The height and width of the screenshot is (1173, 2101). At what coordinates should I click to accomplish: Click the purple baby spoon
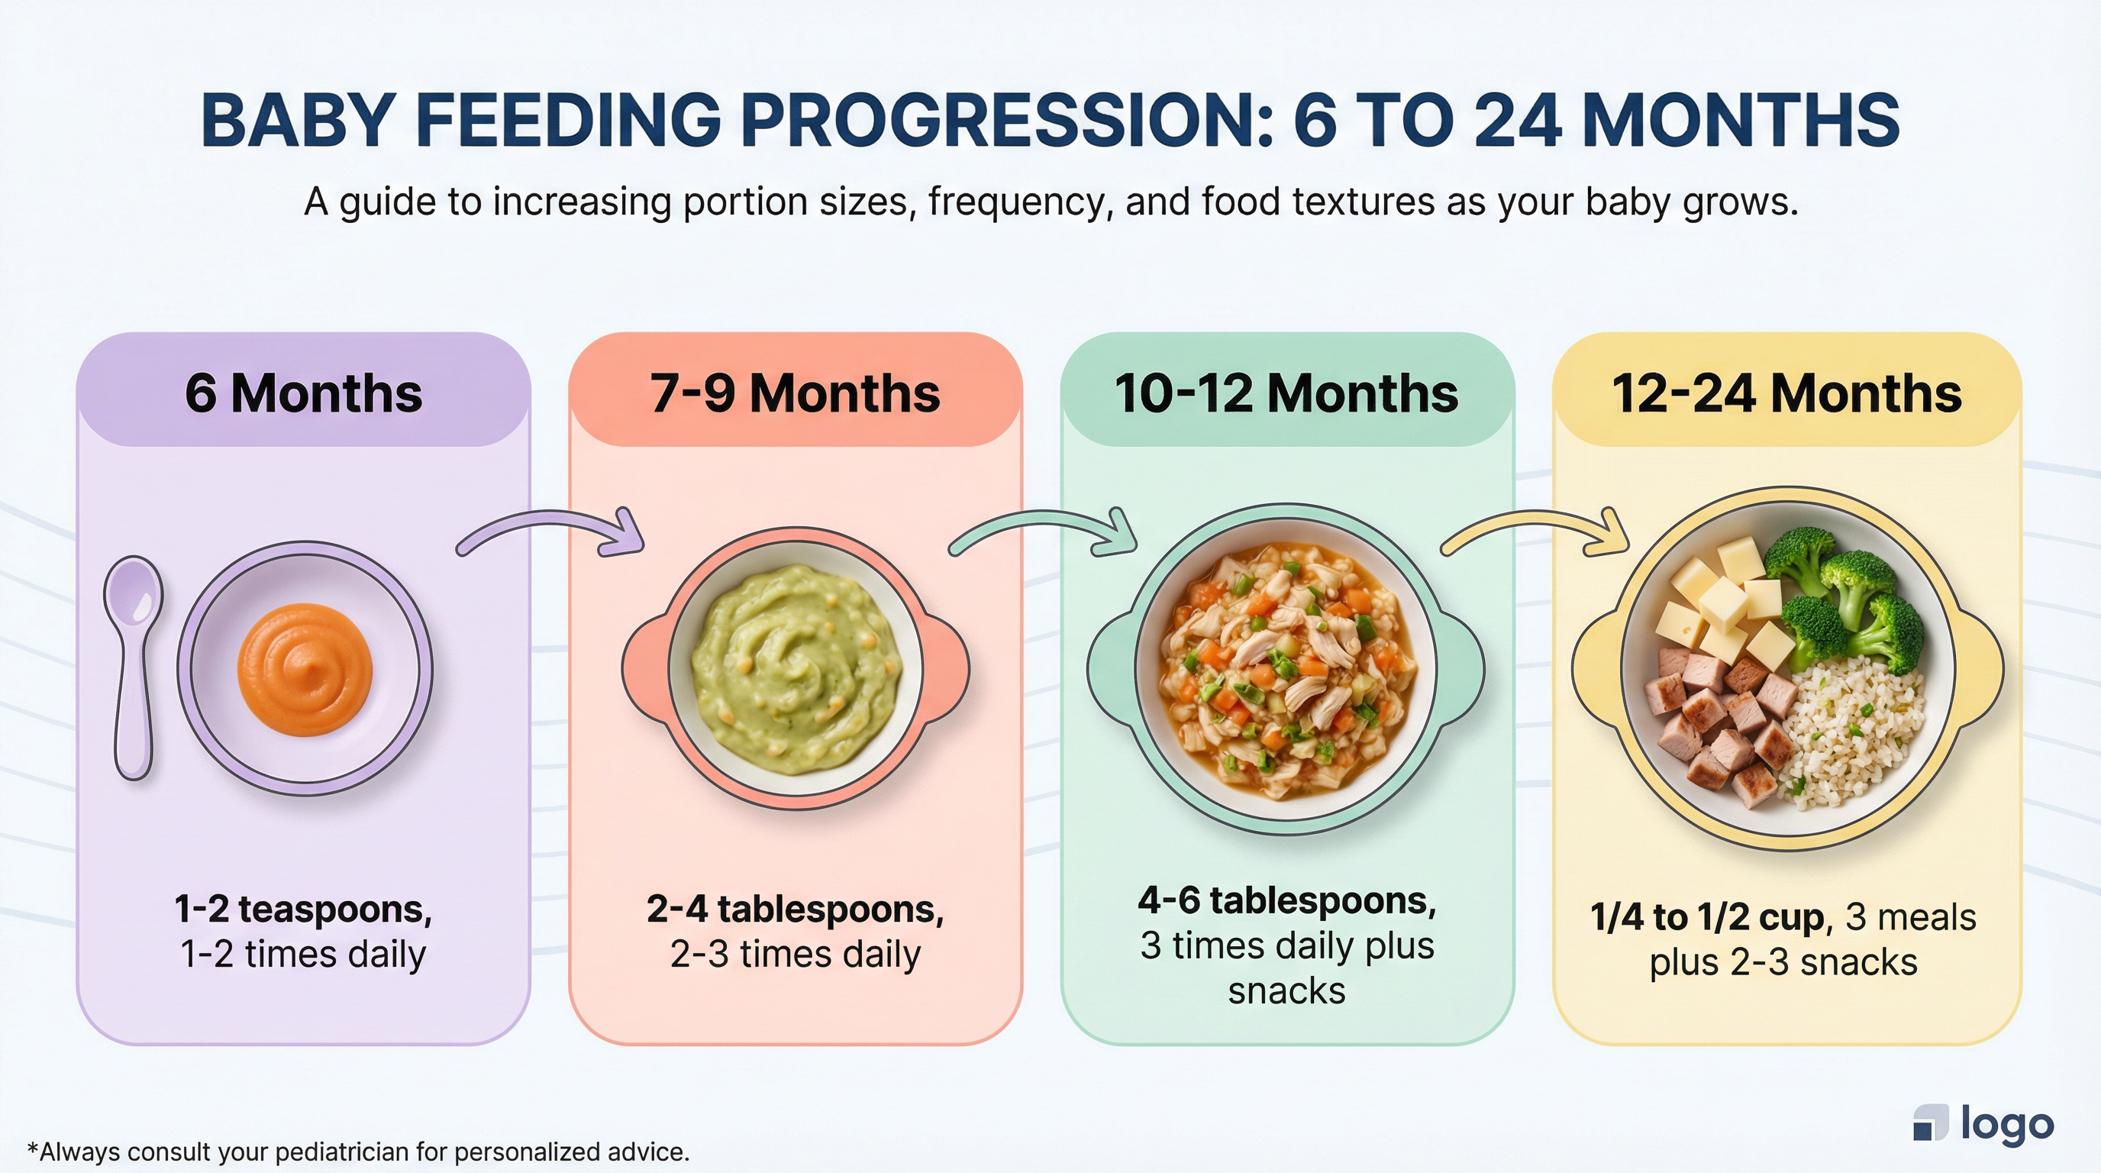(x=132, y=665)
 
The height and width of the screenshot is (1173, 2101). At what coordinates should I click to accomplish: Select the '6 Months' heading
(x=303, y=393)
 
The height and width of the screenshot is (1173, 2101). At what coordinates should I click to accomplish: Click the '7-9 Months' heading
(x=795, y=393)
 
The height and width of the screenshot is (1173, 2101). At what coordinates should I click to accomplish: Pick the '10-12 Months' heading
(x=1286, y=393)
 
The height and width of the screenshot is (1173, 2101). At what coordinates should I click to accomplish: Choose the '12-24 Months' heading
(x=1786, y=393)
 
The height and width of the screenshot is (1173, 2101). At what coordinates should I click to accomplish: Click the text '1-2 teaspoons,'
(x=303, y=909)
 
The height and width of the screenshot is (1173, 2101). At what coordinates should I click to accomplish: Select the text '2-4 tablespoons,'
(x=796, y=909)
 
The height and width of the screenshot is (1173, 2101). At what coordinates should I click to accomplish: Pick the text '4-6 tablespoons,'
(x=1287, y=900)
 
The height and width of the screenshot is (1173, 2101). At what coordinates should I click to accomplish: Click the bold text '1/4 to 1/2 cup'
(x=1707, y=918)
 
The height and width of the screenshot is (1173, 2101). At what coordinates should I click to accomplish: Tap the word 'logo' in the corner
(x=2006, y=1124)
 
